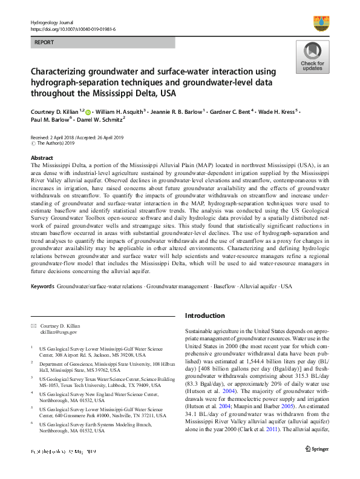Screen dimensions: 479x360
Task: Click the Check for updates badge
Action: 312,58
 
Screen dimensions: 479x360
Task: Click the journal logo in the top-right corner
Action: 321,24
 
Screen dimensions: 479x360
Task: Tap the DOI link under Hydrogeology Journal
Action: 73,28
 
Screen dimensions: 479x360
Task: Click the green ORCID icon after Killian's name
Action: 88,113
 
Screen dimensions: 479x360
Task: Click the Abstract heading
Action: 42,157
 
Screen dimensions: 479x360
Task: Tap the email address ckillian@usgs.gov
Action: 59,332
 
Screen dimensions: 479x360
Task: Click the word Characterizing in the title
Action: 64,73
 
